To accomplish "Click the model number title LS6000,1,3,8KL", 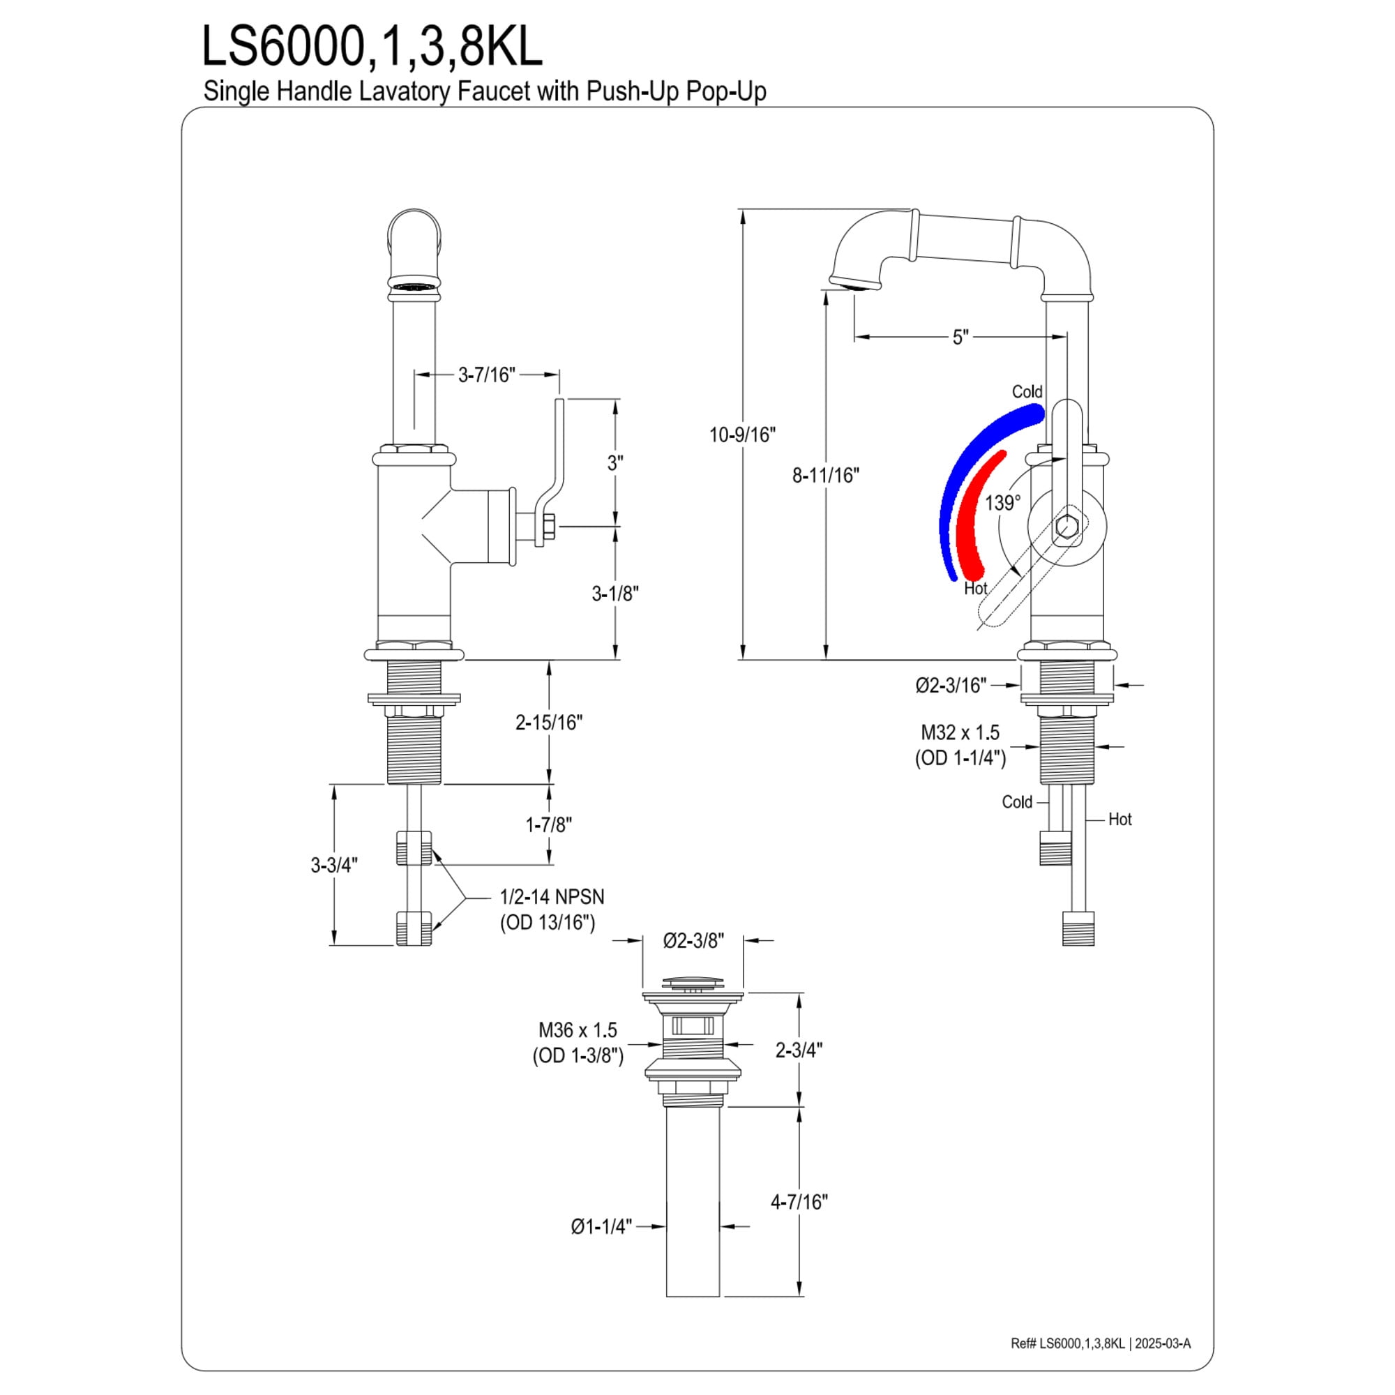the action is point(372,47).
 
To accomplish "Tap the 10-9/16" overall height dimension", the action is point(741,435).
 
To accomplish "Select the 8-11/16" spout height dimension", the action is point(826,475).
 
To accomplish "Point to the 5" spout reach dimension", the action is point(960,337).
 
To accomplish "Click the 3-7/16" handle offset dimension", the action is point(487,375).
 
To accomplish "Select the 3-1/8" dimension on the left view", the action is point(615,594).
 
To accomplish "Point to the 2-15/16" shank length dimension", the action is point(549,722).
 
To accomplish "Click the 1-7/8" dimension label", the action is point(549,824).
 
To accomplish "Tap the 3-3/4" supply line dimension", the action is point(334,865).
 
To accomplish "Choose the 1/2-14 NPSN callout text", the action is point(552,897).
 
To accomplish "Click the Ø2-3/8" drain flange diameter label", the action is point(693,940).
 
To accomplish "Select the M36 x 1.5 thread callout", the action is point(578,1030).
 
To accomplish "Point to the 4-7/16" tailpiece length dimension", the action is point(799,1202).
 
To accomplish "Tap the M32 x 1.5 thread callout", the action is point(960,732).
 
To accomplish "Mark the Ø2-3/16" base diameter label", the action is point(951,685).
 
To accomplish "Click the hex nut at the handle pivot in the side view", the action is point(1066,527).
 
